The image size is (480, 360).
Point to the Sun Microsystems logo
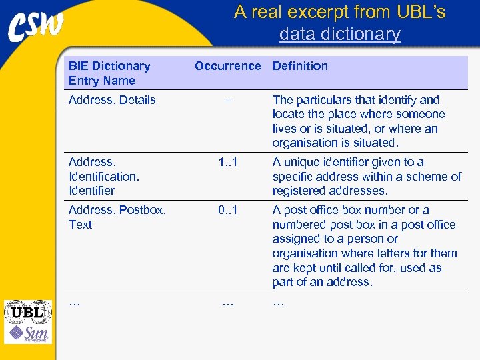tap(28, 333)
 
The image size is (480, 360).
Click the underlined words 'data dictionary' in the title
tap(339, 34)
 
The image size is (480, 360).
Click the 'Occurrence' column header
tap(227, 66)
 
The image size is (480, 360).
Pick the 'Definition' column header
tap(300, 66)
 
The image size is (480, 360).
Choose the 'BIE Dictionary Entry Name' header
tap(109, 73)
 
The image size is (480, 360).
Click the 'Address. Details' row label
tap(112, 100)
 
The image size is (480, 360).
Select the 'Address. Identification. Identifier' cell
tap(103, 176)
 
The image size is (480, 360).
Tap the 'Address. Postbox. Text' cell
tap(117, 217)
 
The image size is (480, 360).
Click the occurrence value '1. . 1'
tap(228, 162)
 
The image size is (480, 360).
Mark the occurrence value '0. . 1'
tap(228, 210)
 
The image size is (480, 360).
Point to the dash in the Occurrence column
tap(228, 100)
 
